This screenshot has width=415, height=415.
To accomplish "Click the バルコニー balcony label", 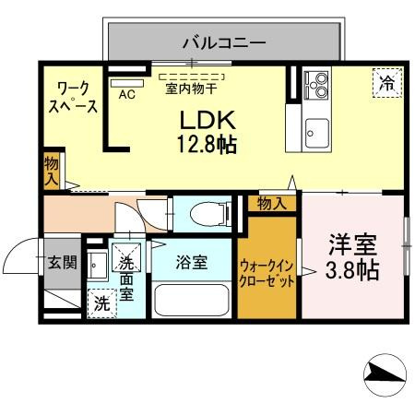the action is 224,43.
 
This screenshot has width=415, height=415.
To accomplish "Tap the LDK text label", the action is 207,120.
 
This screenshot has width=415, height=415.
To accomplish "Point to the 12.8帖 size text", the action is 207,144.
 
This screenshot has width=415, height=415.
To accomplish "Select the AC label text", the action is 127,94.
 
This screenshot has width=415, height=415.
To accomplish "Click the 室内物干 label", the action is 191,89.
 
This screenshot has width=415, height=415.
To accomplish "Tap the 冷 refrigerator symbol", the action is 387,83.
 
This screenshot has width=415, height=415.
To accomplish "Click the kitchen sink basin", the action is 317,134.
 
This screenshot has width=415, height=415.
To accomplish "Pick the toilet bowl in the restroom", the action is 210,213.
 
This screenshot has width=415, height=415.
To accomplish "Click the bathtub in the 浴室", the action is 191,300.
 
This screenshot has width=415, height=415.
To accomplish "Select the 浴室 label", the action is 192,263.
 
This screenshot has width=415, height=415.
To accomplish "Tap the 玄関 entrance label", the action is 63,263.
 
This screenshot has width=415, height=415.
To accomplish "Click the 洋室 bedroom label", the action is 352,245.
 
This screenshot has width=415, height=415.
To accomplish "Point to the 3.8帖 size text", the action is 352,270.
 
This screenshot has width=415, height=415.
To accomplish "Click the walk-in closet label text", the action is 267,274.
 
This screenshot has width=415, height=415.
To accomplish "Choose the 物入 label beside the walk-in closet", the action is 272,204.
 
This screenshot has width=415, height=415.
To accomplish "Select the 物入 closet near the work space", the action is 52,171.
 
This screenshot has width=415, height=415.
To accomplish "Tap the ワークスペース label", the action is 73,98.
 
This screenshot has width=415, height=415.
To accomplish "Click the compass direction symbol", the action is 385,375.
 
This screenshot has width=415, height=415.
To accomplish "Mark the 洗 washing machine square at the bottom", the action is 102,303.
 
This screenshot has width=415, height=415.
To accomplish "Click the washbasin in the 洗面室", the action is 97,266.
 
